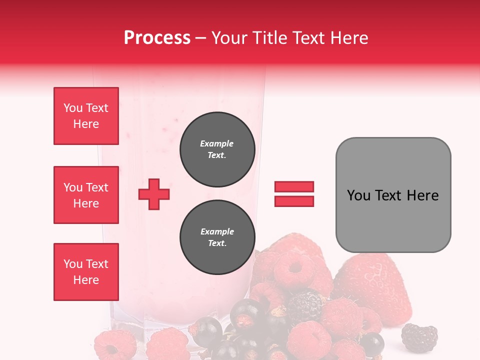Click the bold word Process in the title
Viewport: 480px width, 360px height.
click(x=157, y=38)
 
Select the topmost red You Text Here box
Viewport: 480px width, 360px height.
click(x=86, y=116)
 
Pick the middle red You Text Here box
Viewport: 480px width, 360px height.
click(x=86, y=195)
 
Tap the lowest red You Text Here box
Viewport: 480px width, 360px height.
click(x=86, y=272)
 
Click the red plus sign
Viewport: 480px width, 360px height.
click(x=154, y=194)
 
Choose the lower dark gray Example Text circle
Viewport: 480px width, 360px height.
click(x=217, y=237)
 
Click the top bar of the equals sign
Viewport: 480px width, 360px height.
click(x=294, y=186)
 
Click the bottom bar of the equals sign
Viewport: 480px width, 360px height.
click(x=294, y=201)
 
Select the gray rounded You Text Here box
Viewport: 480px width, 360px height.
click(x=393, y=195)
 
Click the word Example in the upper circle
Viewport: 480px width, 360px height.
click(x=217, y=143)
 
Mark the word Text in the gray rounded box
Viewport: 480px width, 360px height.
click(x=389, y=195)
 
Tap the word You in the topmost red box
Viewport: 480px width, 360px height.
click(x=72, y=108)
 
